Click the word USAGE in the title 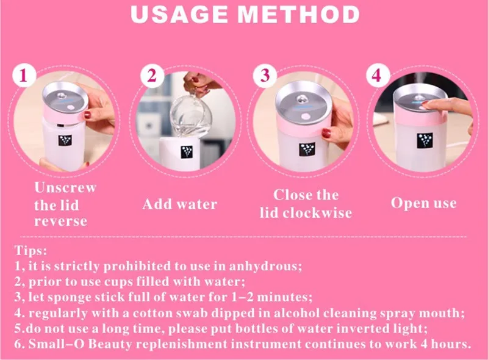(x=179, y=15)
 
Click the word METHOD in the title (x=299, y=15)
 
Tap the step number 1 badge (x=24, y=76)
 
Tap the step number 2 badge (x=152, y=76)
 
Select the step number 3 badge (x=265, y=76)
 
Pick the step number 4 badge (x=377, y=76)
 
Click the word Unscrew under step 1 (x=65, y=188)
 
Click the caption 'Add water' (x=180, y=204)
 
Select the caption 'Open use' (x=424, y=203)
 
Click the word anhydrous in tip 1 (x=265, y=267)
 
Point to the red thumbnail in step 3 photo (x=326, y=134)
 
